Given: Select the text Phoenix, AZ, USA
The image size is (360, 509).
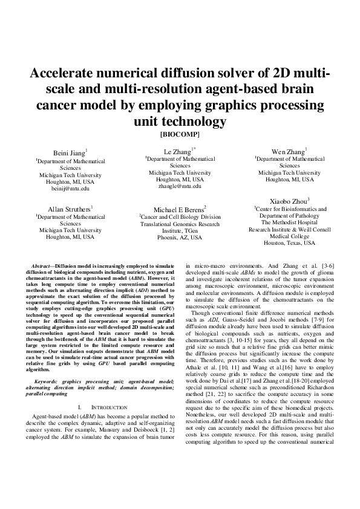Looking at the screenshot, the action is click(x=180, y=238).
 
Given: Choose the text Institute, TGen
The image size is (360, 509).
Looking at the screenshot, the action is click(x=180, y=231).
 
